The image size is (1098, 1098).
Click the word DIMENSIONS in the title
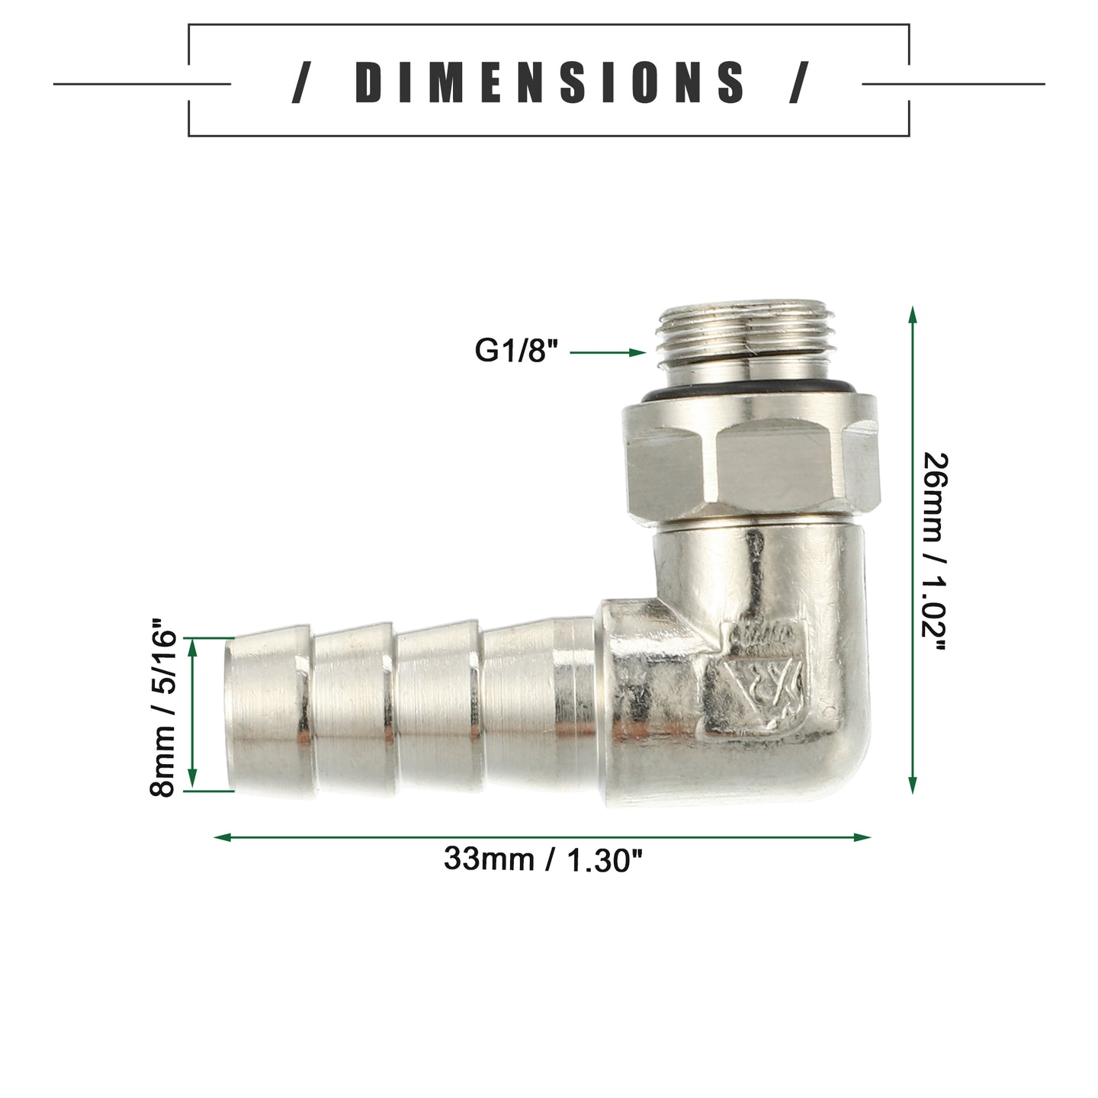pyautogui.click(x=549, y=82)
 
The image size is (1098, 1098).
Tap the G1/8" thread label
pyautogui.click(x=515, y=350)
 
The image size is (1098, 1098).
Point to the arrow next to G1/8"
pyautogui.click(x=608, y=353)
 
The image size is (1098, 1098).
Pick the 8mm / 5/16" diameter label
pyautogui.click(x=163, y=708)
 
